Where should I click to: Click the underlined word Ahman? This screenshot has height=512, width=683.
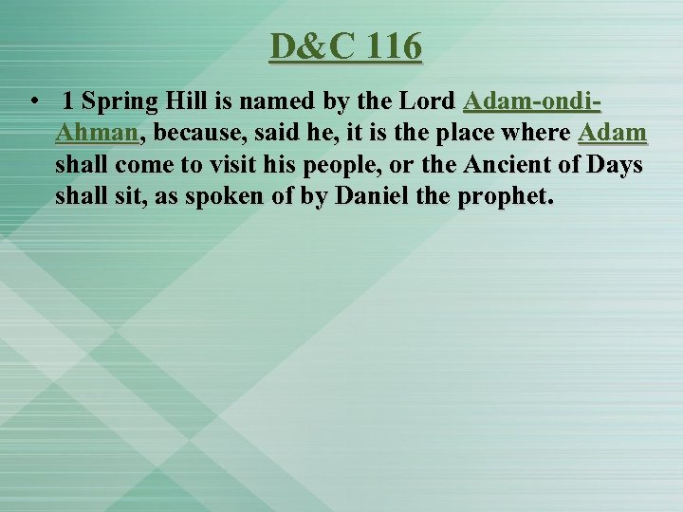[97, 133]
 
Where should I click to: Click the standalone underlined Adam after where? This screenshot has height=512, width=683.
[613, 133]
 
